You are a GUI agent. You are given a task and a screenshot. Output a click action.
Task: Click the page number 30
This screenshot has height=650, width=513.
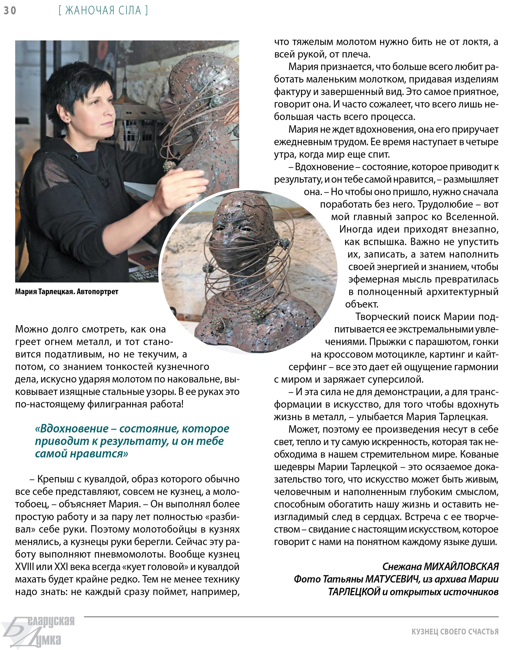tap(10, 11)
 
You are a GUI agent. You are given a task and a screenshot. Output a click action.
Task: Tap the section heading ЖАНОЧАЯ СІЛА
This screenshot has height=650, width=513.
tap(103, 11)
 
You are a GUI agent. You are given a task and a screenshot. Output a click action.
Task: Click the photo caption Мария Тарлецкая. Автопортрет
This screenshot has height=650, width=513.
tap(67, 291)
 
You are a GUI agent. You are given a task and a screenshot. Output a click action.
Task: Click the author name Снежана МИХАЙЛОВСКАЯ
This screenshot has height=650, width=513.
tap(440, 566)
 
